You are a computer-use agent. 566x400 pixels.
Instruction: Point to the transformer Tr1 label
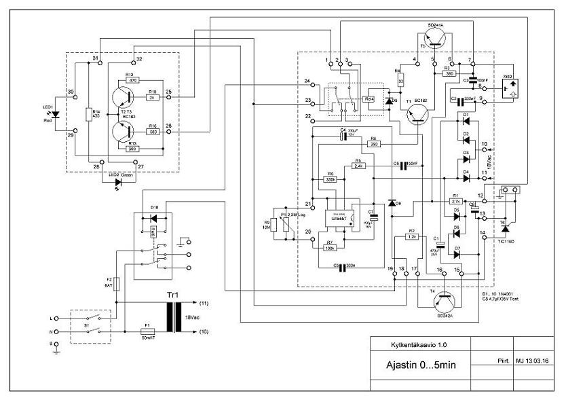[x=174, y=296]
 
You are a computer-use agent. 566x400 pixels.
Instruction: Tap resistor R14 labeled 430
[x=89, y=113]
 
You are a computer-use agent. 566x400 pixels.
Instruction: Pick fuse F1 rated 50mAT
[x=147, y=331]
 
